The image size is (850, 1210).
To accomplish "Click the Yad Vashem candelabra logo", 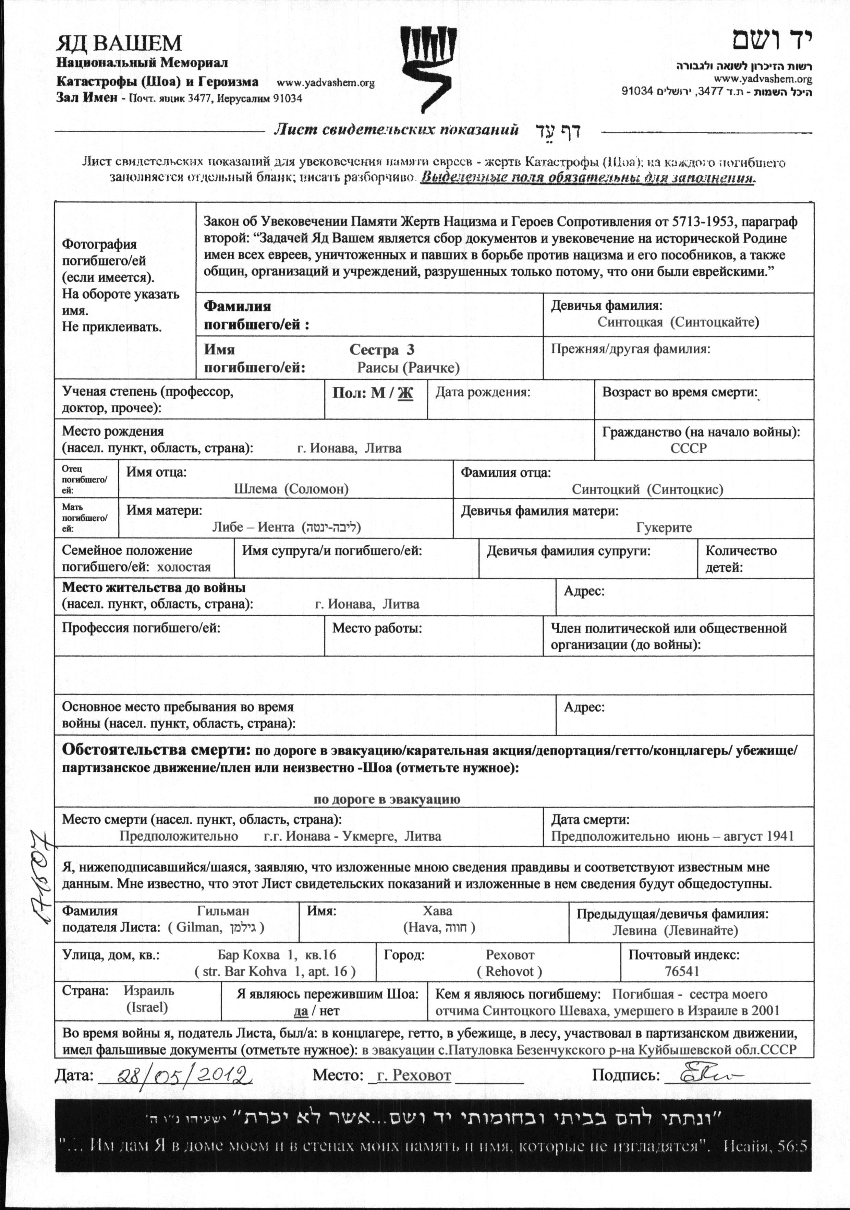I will [427, 69].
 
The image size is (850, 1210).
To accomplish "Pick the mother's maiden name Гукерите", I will [664, 527].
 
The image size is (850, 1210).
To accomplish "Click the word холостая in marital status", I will [184, 567].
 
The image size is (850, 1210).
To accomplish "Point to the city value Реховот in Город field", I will [510, 955].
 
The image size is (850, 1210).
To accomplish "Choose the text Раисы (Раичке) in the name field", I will [408, 368].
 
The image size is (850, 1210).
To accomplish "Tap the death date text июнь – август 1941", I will [732, 837].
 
